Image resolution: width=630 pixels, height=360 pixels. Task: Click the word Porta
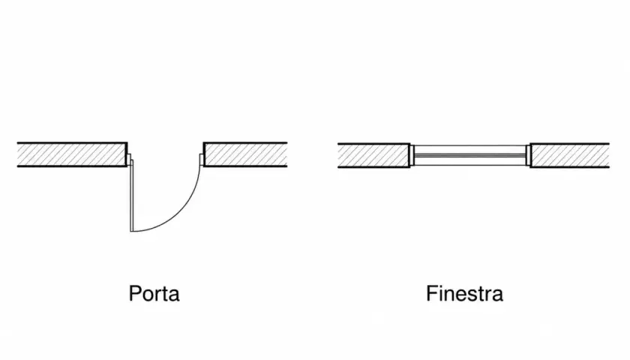point(154,293)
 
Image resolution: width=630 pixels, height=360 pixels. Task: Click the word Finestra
point(464,293)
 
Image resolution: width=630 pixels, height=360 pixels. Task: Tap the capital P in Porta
point(134,293)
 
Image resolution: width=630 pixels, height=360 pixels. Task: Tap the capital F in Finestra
point(431,293)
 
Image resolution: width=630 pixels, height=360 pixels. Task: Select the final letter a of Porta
point(174,295)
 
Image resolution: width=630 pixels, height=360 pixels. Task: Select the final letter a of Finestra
point(498,295)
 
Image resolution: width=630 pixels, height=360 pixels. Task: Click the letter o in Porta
point(148,295)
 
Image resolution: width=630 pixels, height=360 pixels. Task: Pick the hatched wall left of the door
point(72,154)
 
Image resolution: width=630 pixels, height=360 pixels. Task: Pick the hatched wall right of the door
point(245,154)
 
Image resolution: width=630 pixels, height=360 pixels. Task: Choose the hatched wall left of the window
point(373,155)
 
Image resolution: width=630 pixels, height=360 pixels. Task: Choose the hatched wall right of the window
point(570,155)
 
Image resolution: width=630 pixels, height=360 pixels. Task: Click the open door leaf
point(131,196)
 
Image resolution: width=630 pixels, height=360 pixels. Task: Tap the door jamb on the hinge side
point(129,160)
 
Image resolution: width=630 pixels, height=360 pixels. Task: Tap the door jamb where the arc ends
point(202,160)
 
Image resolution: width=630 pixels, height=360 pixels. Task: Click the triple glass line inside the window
point(469,155)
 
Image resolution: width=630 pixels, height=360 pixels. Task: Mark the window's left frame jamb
point(412,155)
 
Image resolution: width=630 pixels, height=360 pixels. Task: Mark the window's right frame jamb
point(528,155)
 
